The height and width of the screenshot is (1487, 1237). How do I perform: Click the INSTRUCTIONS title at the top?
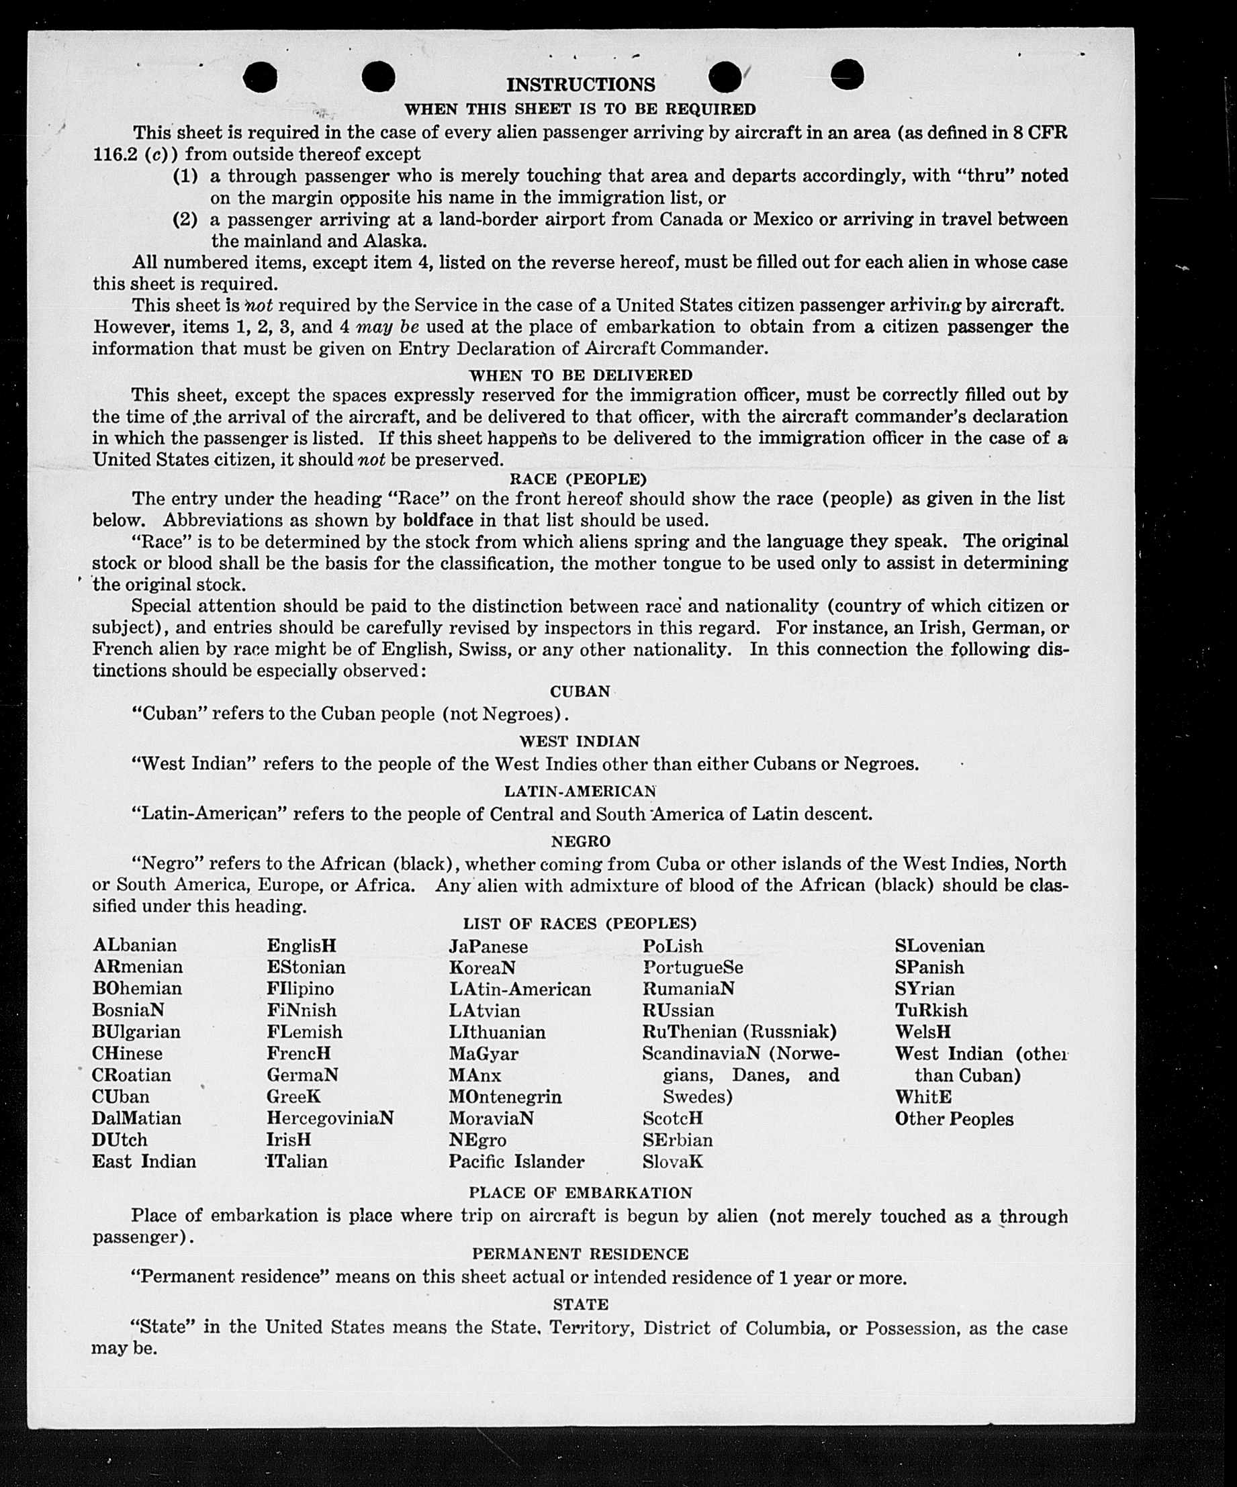tap(580, 85)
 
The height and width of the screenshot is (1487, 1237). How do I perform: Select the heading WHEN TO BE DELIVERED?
tap(580, 375)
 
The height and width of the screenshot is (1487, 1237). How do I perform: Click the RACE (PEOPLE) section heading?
tap(578, 479)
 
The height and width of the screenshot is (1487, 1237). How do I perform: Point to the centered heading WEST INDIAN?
tap(580, 741)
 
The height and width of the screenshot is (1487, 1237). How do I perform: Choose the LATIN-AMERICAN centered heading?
tap(580, 791)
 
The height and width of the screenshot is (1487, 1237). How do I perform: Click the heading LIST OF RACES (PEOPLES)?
tap(580, 923)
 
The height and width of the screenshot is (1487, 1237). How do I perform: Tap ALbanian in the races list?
tap(134, 945)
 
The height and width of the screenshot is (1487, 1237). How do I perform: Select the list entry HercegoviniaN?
tap(330, 1118)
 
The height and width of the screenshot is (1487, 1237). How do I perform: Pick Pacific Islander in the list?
tap(516, 1161)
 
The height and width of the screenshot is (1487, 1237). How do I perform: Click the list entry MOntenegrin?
tap(505, 1097)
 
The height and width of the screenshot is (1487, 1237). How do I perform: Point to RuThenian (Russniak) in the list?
tap(739, 1032)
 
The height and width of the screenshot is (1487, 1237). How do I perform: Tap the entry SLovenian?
tap(940, 945)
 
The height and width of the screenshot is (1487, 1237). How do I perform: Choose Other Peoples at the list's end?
tap(954, 1119)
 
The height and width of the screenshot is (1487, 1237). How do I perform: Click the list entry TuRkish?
tap(931, 1010)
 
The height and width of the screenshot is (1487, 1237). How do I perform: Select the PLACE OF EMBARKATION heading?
tap(580, 1192)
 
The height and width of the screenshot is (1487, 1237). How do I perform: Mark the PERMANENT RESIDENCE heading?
tap(580, 1254)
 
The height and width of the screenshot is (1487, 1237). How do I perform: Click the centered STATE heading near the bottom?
tap(580, 1304)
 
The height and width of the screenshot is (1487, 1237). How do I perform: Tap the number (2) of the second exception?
tap(185, 220)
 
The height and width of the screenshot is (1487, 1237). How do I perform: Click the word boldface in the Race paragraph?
tap(437, 520)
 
